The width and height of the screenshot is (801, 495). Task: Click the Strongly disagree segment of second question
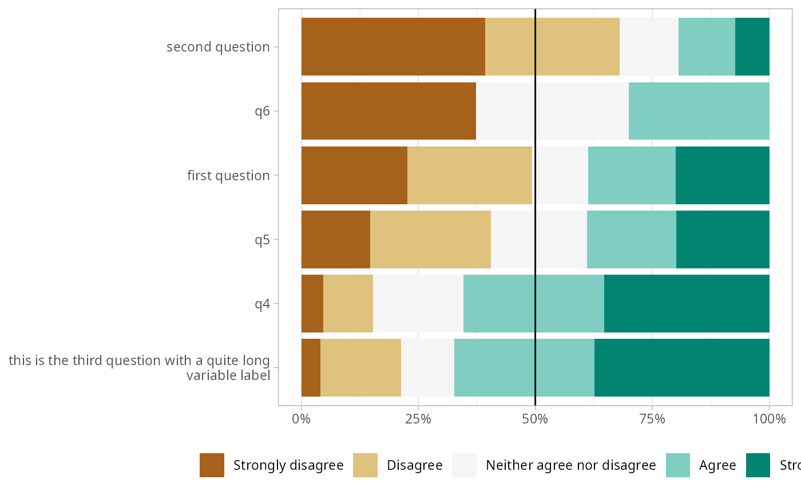point(393,46)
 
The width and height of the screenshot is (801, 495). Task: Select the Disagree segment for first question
point(470,175)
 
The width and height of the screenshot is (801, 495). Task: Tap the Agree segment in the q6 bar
point(699,111)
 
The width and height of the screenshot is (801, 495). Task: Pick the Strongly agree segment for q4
point(687,303)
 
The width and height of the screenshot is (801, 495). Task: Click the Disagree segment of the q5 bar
point(430,239)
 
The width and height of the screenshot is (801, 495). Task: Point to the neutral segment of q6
point(552,111)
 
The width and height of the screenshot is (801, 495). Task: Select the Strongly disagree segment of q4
point(312,303)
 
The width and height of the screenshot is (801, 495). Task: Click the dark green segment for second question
point(752,46)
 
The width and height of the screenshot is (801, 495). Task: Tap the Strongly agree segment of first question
point(722,175)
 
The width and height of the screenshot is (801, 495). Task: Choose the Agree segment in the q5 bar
point(632,239)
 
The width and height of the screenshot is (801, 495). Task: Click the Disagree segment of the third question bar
point(360,367)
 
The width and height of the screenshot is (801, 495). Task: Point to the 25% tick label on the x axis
point(418,419)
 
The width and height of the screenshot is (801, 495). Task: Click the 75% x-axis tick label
point(652,419)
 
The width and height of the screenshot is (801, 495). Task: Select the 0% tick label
point(302,419)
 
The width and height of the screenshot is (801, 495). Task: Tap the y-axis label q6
point(262,111)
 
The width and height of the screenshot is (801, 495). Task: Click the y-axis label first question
point(228,175)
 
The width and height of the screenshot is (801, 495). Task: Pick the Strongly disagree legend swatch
point(212,465)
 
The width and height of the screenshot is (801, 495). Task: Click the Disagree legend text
point(415,465)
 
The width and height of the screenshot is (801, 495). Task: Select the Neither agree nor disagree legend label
point(570,465)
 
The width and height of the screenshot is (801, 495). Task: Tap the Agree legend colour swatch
point(679,465)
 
